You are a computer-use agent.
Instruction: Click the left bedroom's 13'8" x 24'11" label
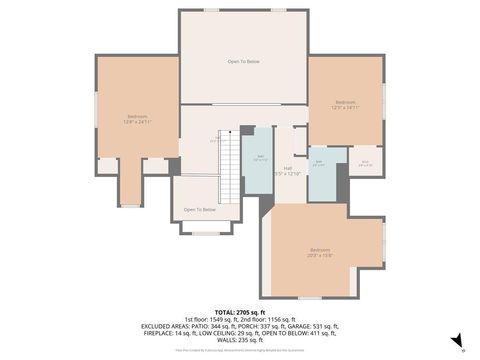coord(137,122)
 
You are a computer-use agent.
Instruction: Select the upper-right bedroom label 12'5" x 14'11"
coord(346,107)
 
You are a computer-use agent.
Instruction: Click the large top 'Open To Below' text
coord(244,62)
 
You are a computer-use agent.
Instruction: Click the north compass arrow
coord(456,341)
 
